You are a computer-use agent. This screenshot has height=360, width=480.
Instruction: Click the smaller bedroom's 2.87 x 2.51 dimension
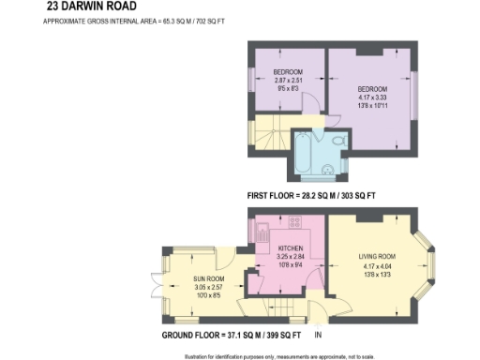289,81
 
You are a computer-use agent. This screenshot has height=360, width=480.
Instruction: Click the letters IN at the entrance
318,336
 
